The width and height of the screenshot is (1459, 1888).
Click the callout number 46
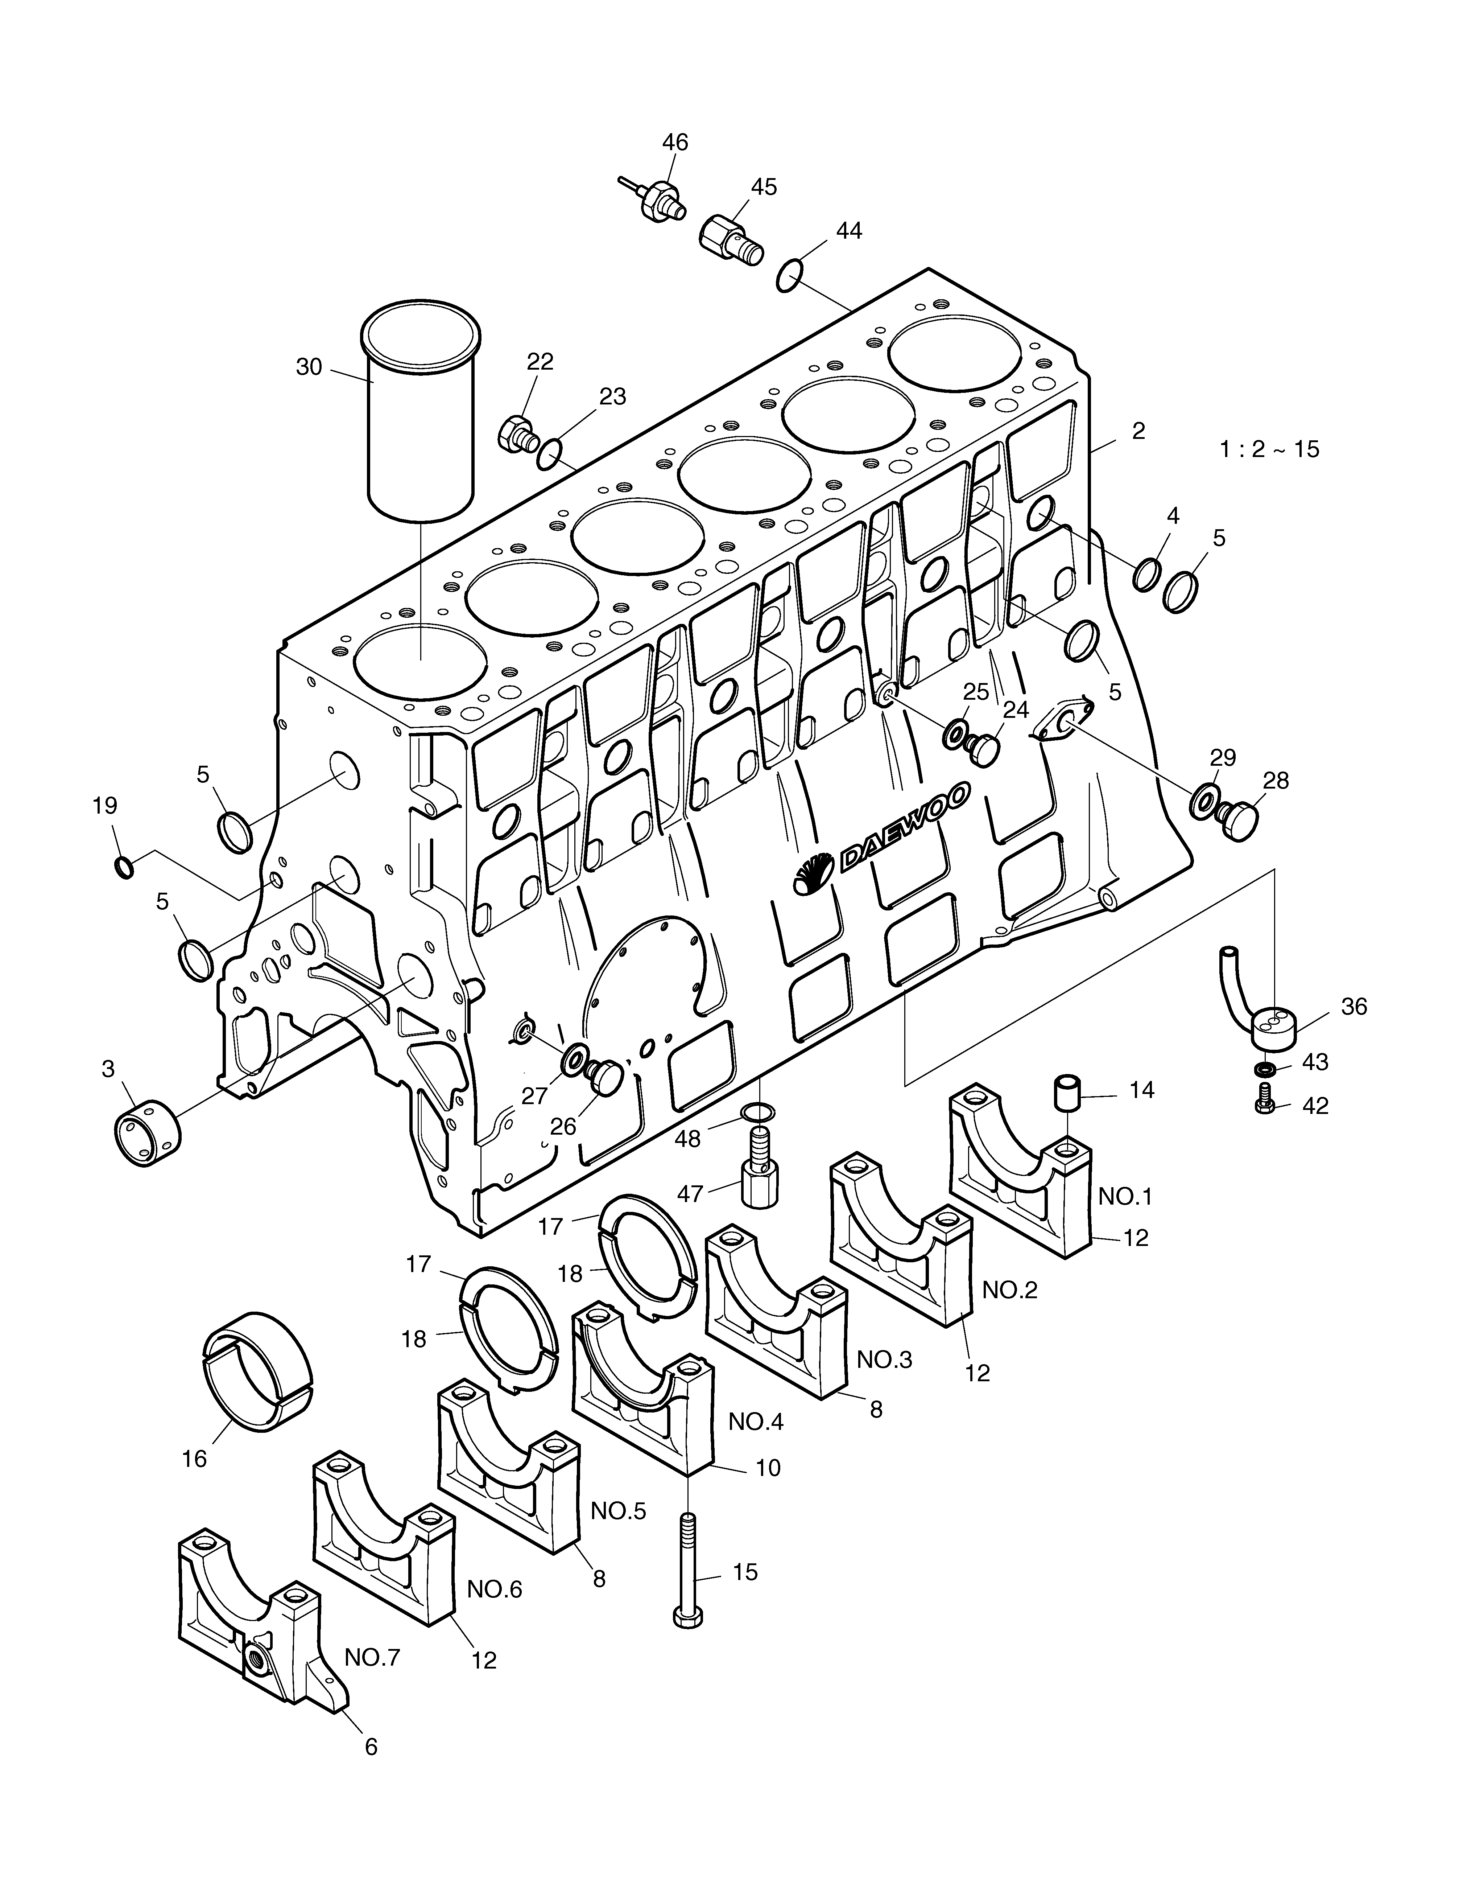pyautogui.click(x=675, y=142)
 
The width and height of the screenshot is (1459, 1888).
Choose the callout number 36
pyautogui.click(x=1353, y=1006)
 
